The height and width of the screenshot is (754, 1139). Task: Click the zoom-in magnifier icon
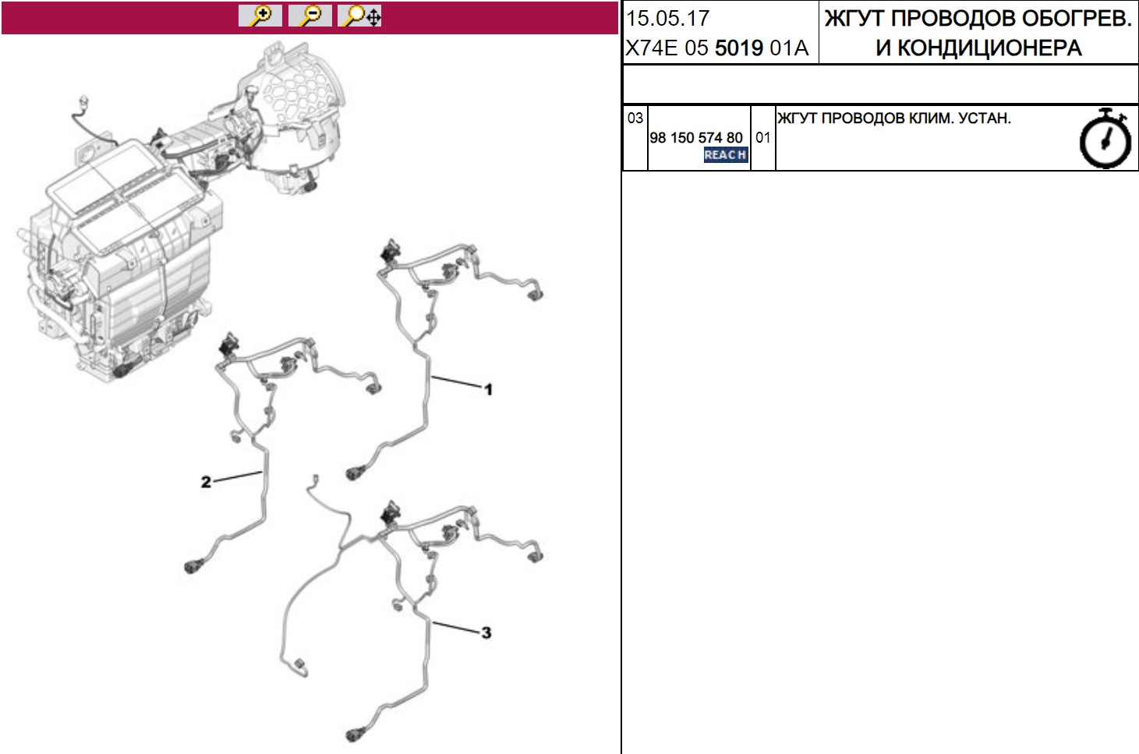[260, 16]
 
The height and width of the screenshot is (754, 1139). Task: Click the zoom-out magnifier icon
[310, 16]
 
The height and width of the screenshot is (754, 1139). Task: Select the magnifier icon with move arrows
[359, 16]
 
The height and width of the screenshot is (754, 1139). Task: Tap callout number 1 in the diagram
[488, 390]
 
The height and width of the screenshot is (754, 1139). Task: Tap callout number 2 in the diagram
[206, 482]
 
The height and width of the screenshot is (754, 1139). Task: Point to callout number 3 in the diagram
[486, 632]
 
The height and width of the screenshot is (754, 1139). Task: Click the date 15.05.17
[667, 18]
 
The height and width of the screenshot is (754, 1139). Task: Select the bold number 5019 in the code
[739, 48]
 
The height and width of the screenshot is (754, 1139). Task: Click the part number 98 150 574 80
[695, 138]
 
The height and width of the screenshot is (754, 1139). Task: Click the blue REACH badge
[726, 154]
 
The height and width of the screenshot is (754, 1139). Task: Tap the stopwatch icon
[1105, 138]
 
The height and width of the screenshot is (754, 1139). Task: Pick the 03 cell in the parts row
[635, 118]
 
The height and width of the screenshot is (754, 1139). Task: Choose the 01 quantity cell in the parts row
[762, 137]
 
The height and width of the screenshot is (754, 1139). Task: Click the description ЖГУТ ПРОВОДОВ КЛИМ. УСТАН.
[894, 118]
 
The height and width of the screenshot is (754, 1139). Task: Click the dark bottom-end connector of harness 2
[194, 566]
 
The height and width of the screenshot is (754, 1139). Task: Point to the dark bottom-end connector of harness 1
[355, 473]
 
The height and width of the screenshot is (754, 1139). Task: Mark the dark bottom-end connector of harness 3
[355, 735]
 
